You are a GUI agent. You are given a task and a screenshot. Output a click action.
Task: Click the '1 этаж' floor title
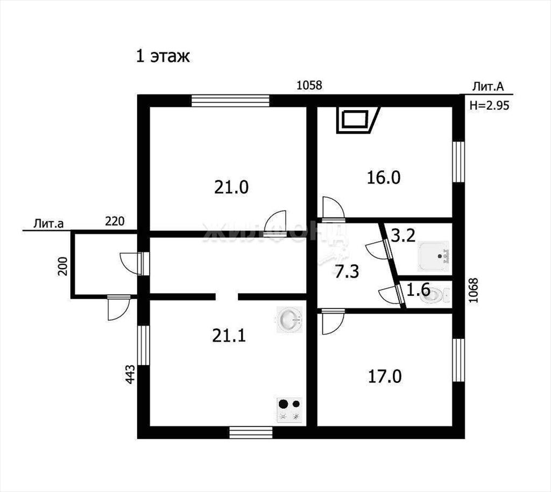click(x=163, y=56)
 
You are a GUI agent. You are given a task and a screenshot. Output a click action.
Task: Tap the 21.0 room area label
click(x=231, y=187)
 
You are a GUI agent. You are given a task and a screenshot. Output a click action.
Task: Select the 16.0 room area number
click(x=383, y=177)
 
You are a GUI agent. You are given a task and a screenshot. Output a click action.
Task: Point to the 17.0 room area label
click(x=384, y=377)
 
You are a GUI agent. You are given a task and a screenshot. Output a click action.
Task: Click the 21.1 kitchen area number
click(x=229, y=336)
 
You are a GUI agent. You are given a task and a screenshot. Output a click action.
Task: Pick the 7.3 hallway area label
click(x=347, y=272)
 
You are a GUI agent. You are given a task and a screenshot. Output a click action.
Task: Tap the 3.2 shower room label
click(x=403, y=236)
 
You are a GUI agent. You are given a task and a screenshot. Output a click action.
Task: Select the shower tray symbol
click(x=434, y=256)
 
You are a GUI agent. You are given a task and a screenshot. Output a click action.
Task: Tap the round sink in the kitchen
click(x=289, y=320)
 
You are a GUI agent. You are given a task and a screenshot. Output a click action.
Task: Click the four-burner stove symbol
click(x=290, y=410)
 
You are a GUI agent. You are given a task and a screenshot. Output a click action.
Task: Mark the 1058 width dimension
click(x=309, y=85)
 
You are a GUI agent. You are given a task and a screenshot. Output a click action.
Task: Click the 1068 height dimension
click(x=474, y=291)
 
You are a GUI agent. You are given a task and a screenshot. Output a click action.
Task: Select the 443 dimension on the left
click(x=130, y=374)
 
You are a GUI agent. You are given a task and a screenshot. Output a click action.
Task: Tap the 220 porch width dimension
click(x=115, y=221)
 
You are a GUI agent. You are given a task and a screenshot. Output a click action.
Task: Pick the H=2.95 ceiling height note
click(x=490, y=105)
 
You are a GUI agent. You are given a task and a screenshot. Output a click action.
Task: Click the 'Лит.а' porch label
click(x=48, y=224)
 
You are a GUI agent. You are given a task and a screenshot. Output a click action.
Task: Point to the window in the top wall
click(x=230, y=100)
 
